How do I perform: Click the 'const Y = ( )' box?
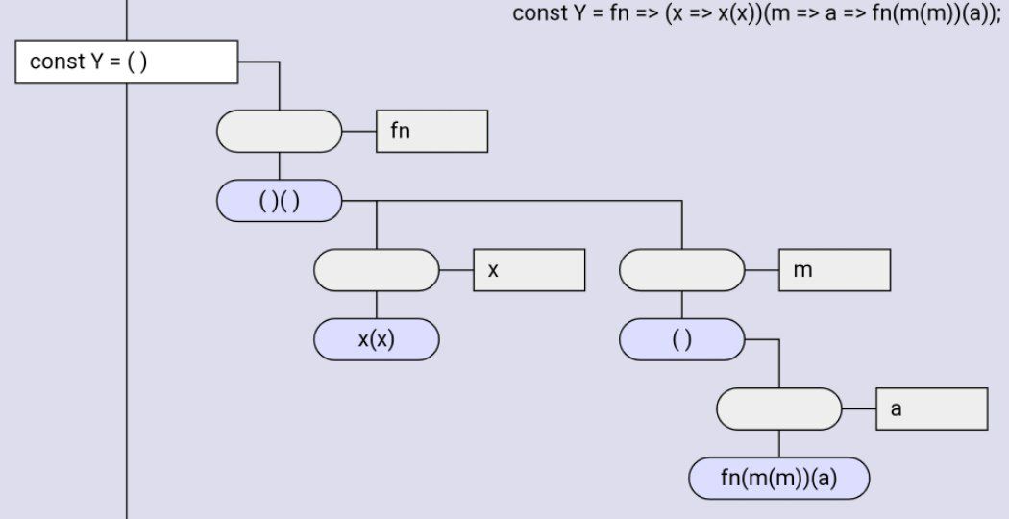pos(127,62)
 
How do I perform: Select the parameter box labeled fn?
pos(432,132)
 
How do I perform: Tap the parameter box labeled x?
pos(529,270)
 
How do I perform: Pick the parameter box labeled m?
pos(834,270)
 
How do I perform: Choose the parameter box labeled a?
pos(931,409)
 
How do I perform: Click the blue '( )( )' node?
pos(280,201)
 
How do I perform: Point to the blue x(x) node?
pos(376,339)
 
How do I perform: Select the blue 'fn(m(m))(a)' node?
pos(778,479)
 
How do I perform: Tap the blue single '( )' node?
pos(681,339)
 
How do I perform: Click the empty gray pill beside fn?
pos(280,132)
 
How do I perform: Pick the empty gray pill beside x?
pos(376,270)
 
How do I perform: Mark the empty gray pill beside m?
pos(681,270)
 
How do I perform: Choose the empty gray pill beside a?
pos(778,409)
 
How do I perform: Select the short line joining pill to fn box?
pos(358,132)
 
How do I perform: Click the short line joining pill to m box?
pos(761,270)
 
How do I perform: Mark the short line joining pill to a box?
pos(858,409)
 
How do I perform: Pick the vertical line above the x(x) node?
pos(376,305)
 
